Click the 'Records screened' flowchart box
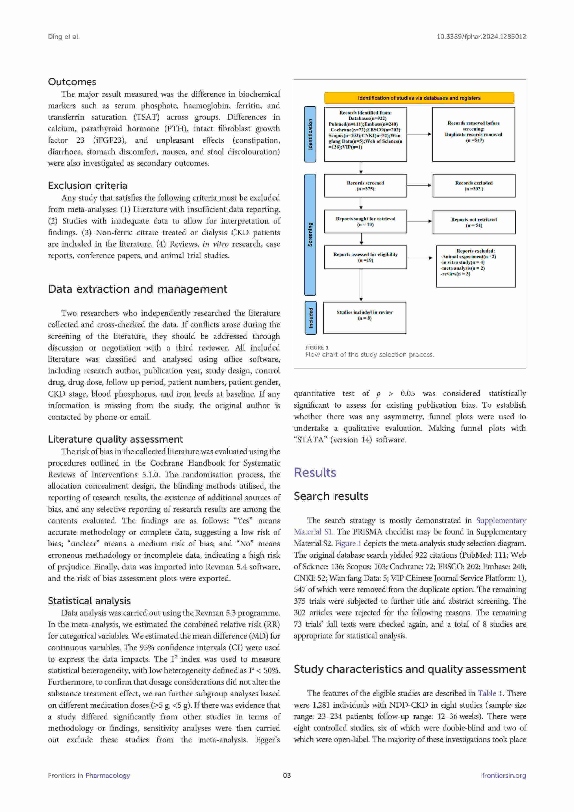click(365, 186)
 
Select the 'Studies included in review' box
click(364, 318)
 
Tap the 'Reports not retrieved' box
click(474, 222)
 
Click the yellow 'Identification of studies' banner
click(419, 98)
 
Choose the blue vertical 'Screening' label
click(310, 234)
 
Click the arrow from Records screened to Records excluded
click(419, 185)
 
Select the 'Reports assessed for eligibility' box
click(365, 257)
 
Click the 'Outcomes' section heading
click(72, 82)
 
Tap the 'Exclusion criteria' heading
click(87, 186)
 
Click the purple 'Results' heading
click(315, 472)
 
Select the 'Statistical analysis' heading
click(89, 601)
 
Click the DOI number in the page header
click(481, 36)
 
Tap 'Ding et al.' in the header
click(64, 36)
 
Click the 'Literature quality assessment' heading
click(115, 439)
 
